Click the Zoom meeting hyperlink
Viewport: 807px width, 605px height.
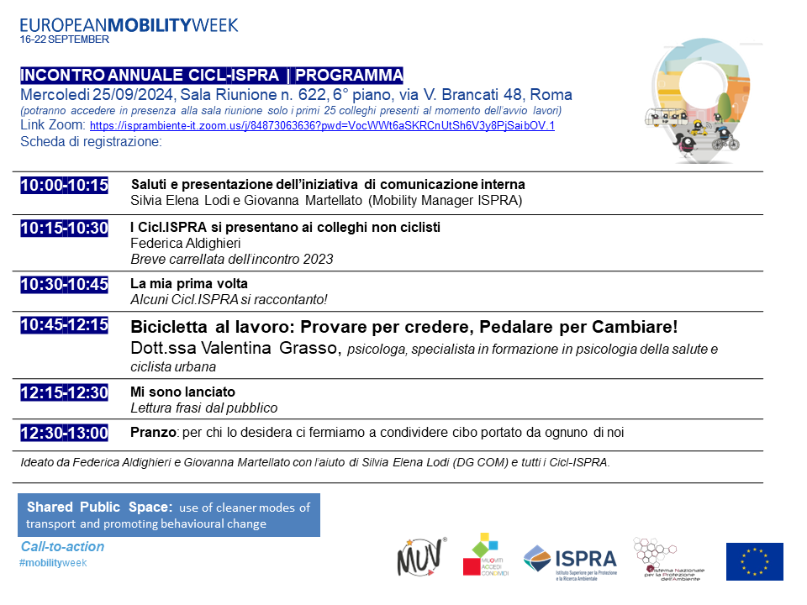point(322,126)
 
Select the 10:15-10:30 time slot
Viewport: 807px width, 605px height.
point(65,229)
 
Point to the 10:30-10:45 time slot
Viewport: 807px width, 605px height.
point(65,285)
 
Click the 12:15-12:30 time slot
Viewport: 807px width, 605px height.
point(65,392)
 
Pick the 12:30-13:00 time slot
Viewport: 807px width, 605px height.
point(65,434)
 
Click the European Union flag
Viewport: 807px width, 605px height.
point(754,561)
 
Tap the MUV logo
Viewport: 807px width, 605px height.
point(416,557)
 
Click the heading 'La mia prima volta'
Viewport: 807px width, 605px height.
point(189,284)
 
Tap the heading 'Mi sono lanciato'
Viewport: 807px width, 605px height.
point(182,392)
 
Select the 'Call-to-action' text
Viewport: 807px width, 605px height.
point(63,547)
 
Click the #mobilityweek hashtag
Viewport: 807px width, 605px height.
point(53,562)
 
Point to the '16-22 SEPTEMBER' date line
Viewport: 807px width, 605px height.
point(65,39)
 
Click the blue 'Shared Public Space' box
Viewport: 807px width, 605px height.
point(169,515)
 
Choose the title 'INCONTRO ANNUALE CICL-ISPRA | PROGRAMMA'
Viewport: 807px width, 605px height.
point(211,74)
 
